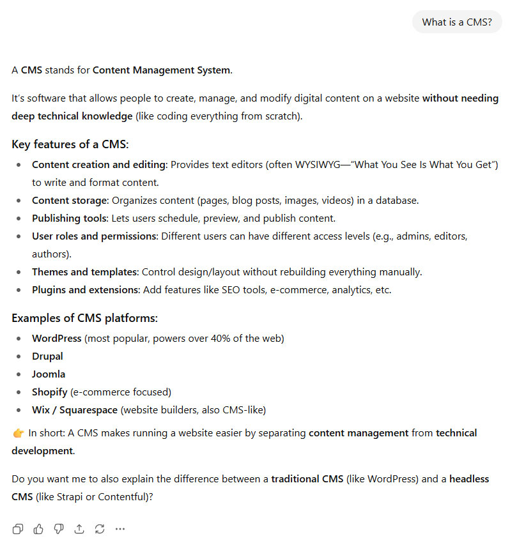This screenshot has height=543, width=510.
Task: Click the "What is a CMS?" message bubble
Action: tap(457, 22)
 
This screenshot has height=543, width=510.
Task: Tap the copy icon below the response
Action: tap(18, 528)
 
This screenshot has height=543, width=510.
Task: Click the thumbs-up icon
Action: tap(38, 528)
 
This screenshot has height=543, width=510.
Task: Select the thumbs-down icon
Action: tap(59, 528)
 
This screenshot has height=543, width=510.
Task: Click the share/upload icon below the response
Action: tap(79, 528)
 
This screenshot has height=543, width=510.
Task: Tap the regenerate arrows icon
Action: tap(100, 528)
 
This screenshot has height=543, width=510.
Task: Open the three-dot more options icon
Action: tap(120, 528)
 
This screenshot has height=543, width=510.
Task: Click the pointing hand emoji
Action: tap(18, 433)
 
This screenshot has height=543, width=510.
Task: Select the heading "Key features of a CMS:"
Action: tap(70, 144)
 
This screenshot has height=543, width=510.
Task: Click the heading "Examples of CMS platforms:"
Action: tap(84, 317)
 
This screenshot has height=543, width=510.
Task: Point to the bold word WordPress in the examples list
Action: tap(57, 338)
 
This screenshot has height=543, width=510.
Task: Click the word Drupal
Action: tap(48, 356)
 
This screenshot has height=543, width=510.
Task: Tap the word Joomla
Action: tap(49, 374)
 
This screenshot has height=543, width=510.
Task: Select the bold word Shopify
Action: tap(50, 392)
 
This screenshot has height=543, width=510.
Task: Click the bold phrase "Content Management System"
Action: tap(161, 70)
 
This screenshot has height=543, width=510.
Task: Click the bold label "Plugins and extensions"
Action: tap(86, 289)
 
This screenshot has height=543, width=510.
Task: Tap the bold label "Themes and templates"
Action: tap(84, 271)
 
